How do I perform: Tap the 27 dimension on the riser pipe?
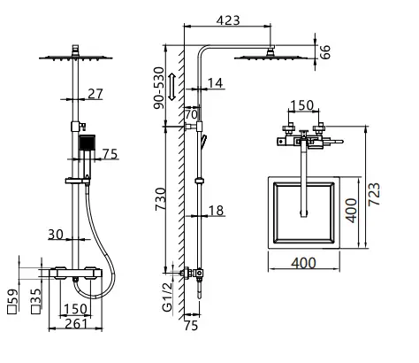pos(95,93)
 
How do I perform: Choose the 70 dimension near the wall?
pos(190,114)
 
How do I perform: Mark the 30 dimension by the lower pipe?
pos(55,235)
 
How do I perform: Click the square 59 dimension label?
pos(12,296)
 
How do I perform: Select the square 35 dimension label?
pos(34,296)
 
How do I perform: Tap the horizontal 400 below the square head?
pos(303,263)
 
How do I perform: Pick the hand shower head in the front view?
pos(86,144)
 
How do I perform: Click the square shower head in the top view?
pos(303,211)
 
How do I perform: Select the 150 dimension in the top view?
pos(303,106)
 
